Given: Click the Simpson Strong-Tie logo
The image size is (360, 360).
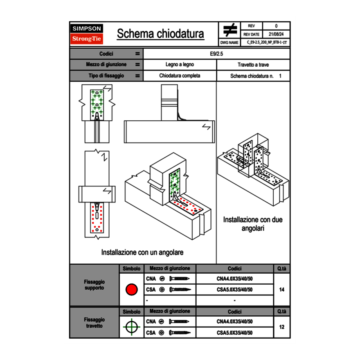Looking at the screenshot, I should (x=87, y=34).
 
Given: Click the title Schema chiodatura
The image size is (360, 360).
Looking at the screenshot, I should (x=160, y=34).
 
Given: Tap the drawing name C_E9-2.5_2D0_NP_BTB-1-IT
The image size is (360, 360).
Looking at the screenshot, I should (x=267, y=42).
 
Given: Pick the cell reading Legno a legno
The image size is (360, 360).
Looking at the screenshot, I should (x=180, y=65).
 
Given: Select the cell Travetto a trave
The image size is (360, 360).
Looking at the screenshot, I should (x=253, y=65).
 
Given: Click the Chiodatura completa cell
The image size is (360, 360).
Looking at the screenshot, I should (x=180, y=76).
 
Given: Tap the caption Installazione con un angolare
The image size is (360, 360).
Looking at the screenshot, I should (x=142, y=252).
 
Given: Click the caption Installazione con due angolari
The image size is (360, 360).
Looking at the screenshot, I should (x=253, y=224).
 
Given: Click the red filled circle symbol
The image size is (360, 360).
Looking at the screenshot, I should (x=131, y=290).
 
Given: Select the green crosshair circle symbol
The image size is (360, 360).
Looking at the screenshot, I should (x=131, y=327).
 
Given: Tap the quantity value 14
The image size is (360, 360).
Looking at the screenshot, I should (x=281, y=290).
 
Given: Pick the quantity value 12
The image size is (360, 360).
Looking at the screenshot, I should (x=281, y=327).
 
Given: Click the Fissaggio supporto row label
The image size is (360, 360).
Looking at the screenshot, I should (x=94, y=285).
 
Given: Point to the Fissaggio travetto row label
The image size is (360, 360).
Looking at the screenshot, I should (x=94, y=323).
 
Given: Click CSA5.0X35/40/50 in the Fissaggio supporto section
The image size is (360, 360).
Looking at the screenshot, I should (x=234, y=290).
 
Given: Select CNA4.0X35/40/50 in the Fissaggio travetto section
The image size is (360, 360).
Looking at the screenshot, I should (x=234, y=322).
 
